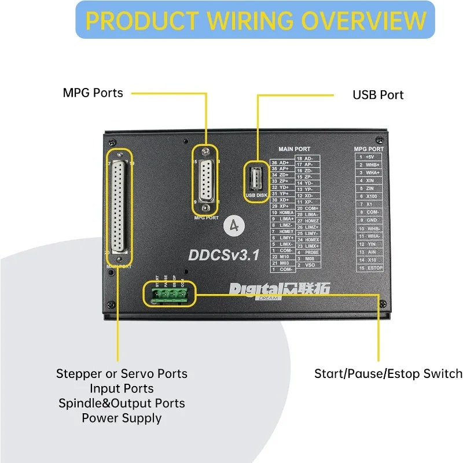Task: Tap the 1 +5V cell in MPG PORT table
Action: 369,157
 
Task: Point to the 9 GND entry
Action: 369,220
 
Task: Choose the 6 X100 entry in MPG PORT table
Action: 369,196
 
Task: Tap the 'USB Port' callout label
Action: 378,94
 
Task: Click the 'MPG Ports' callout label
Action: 93,93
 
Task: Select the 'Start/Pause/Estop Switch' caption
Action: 388,374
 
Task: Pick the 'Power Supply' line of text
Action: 122,417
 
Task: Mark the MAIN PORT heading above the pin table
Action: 295,149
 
